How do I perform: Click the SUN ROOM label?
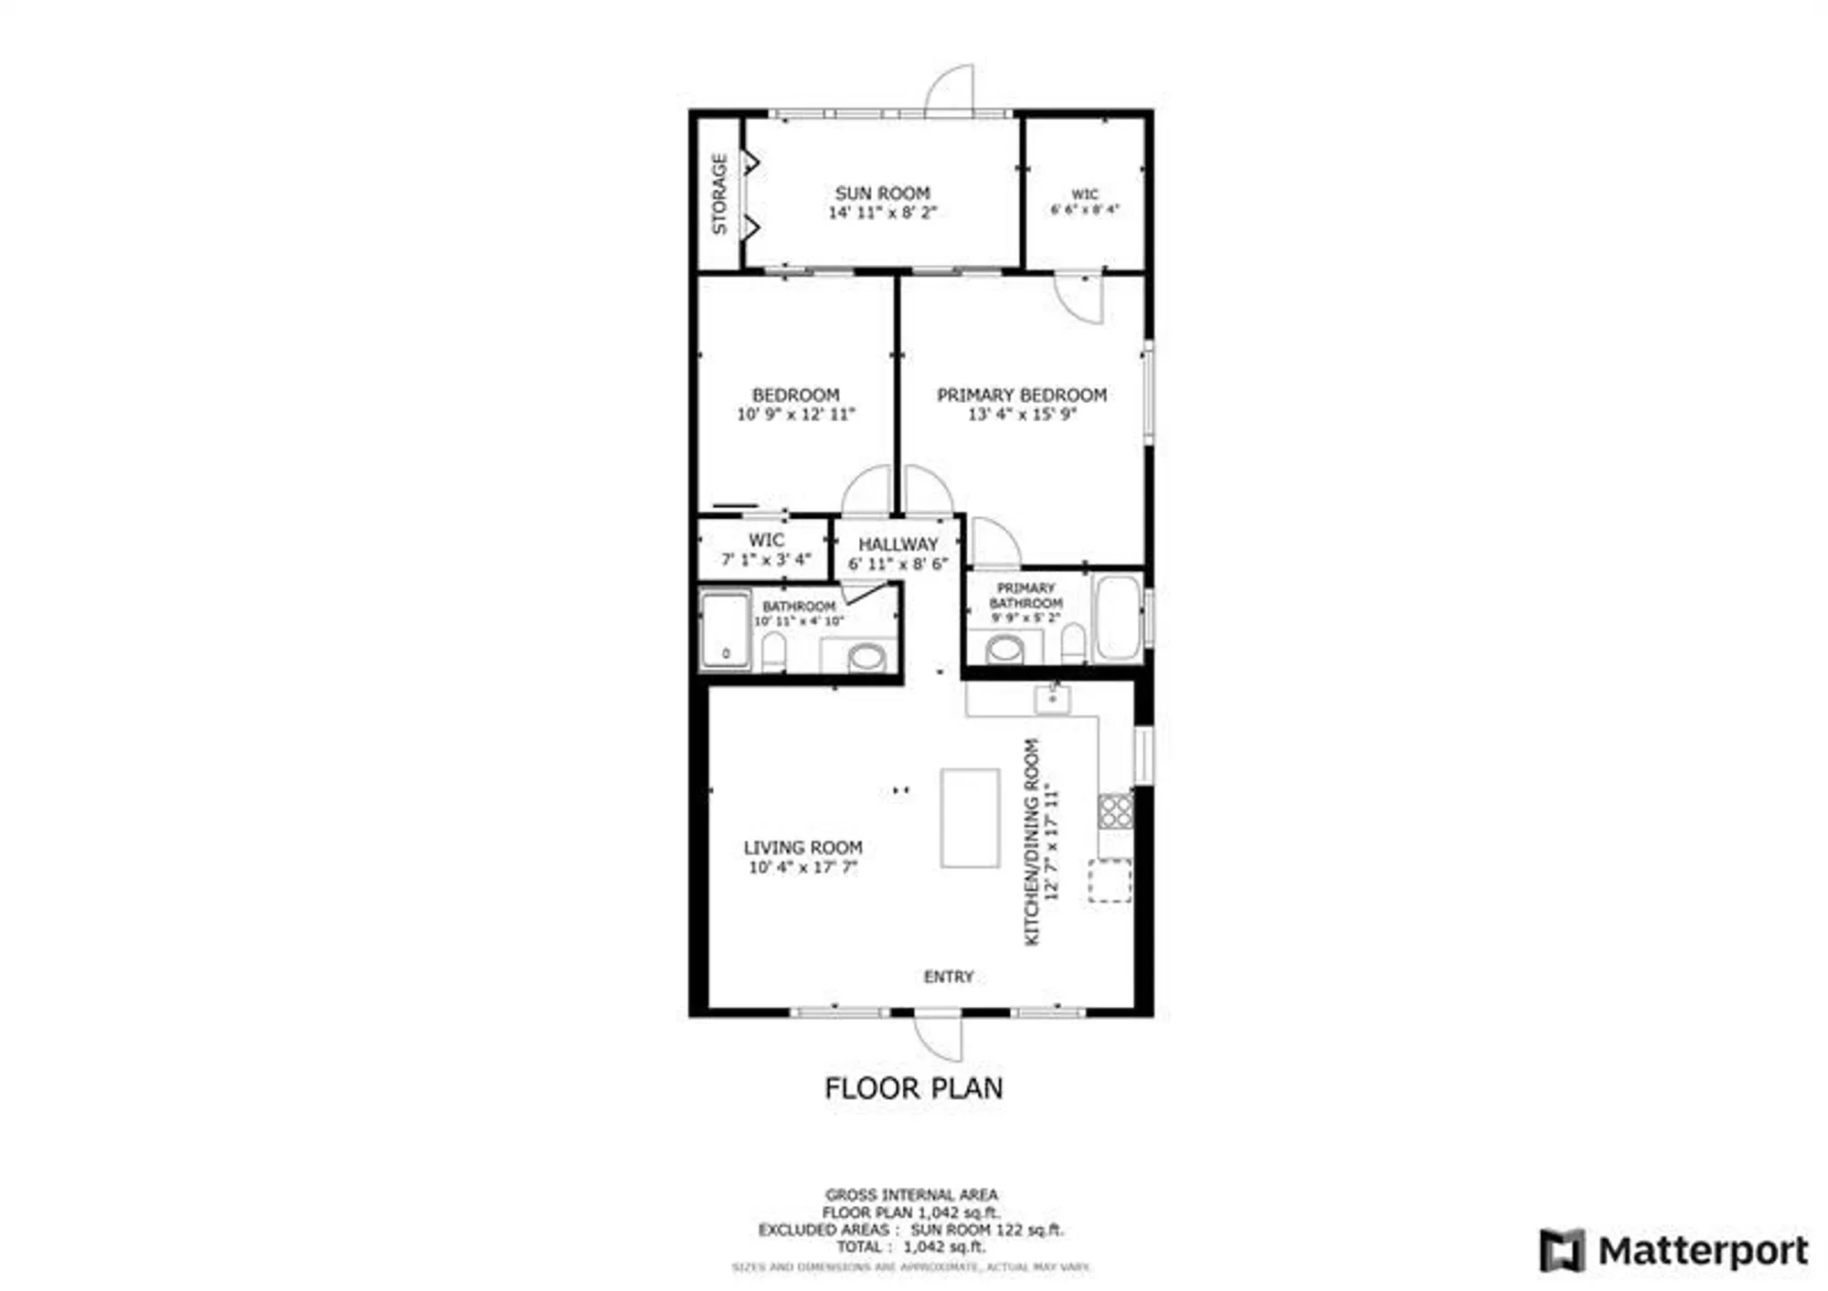(x=882, y=194)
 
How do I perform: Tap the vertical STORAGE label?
(x=720, y=194)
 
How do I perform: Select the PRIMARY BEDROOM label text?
(x=1021, y=395)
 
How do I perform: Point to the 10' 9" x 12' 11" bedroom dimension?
(x=795, y=414)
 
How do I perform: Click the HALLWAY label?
(x=898, y=544)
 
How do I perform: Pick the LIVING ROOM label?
(x=802, y=847)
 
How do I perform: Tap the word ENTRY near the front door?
(x=948, y=977)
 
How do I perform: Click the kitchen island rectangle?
(x=970, y=818)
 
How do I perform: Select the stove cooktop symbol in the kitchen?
(x=1115, y=810)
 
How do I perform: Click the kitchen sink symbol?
(x=1052, y=699)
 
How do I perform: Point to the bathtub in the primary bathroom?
(x=1117, y=617)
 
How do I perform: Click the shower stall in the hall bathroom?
(x=725, y=630)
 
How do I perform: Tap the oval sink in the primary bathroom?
(x=1005, y=650)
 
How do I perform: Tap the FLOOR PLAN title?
(x=913, y=1088)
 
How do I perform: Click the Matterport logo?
(x=1673, y=1250)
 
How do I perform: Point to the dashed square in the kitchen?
(x=1109, y=881)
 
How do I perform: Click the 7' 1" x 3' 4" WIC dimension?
(x=766, y=559)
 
